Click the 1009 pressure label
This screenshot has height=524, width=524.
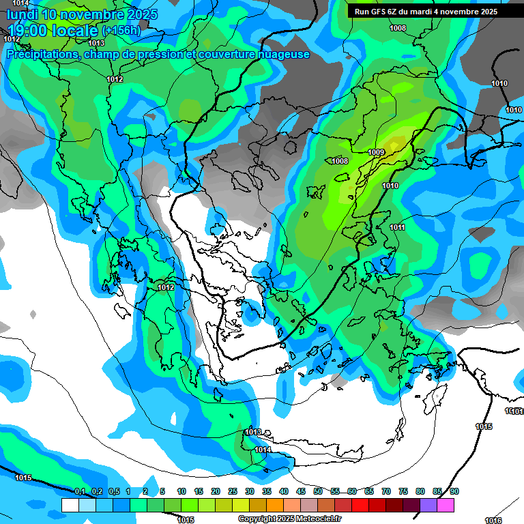(376, 151)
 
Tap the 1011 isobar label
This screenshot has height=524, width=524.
(398, 227)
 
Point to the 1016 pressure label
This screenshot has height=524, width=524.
(493, 521)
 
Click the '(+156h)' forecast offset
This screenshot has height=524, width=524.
(121, 31)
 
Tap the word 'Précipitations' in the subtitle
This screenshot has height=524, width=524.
(41, 55)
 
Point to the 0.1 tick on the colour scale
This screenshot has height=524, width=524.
(79, 491)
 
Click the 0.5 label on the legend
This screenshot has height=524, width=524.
(113, 491)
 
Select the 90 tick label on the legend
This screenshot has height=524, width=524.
(454, 491)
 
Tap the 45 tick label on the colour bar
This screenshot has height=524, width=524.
(301, 491)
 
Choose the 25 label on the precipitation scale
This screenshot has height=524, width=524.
(233, 491)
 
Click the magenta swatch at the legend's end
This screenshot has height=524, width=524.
(446, 505)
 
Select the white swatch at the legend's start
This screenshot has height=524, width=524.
(70, 505)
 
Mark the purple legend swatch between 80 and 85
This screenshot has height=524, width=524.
(428, 505)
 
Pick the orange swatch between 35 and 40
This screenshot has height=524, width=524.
(275, 505)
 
